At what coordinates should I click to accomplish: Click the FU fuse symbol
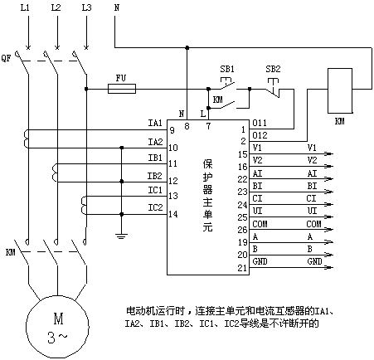[x=122, y=89]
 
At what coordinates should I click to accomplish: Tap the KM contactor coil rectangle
[x=340, y=90]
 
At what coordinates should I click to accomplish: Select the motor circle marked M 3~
[x=57, y=327]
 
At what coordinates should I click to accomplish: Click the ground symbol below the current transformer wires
[x=121, y=236]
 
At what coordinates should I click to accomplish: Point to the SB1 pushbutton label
[x=227, y=69]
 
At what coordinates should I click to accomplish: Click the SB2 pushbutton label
[x=273, y=69]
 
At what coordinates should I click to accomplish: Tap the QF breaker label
[x=6, y=58]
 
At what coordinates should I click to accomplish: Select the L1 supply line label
[x=25, y=7]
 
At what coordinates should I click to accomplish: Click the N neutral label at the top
[x=117, y=7]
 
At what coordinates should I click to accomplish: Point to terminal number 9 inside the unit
[x=172, y=130]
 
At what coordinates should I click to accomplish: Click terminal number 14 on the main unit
[x=173, y=214]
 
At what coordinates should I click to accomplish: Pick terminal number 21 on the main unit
[x=242, y=268]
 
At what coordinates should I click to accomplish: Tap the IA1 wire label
[x=155, y=123]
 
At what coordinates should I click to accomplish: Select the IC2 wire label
[x=155, y=207]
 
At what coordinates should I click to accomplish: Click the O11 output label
[x=260, y=123]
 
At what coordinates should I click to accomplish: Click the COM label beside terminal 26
[x=260, y=224]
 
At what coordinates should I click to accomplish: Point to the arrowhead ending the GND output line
[x=329, y=267]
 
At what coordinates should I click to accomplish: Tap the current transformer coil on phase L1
[x=27, y=139]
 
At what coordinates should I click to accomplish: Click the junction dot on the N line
[x=187, y=48]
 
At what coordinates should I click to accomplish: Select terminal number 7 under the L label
[x=208, y=126]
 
